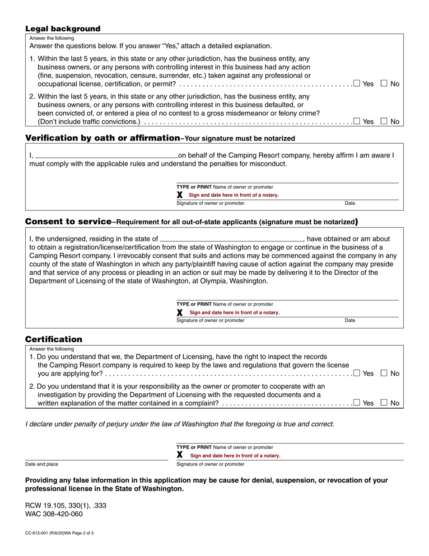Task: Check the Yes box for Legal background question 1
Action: pos(357,83)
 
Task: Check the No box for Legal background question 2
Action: pos(384,121)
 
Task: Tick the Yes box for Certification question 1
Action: pos(357,373)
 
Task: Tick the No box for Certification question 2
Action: pos(384,402)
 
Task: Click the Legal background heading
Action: pos(63,29)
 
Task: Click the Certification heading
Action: pos(54,339)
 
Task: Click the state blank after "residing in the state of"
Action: pos(231,239)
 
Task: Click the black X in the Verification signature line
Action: pos(180,195)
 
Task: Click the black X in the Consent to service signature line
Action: pos(180,312)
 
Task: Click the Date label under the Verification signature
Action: pos(350,203)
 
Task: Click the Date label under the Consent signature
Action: pos(350,320)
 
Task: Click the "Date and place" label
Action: pos(42,464)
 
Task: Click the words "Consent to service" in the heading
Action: pos(68,221)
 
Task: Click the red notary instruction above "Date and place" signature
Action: pos(235,456)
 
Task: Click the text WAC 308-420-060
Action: pos(54,514)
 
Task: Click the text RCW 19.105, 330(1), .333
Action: pos(66,505)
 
